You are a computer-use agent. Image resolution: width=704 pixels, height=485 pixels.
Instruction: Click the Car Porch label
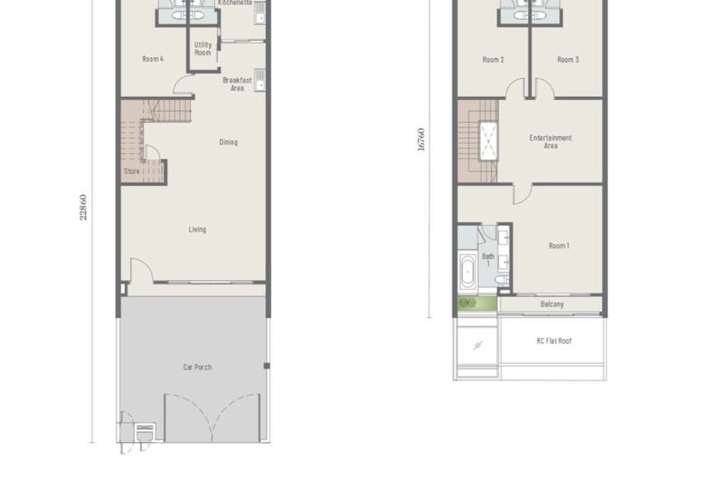[x=197, y=367]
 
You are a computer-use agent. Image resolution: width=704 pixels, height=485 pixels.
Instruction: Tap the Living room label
[x=197, y=230]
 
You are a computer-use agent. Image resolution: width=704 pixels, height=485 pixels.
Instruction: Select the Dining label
[x=228, y=142]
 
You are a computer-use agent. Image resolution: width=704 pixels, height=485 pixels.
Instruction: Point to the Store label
[x=132, y=171]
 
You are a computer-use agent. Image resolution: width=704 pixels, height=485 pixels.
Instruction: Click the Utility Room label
[x=202, y=48]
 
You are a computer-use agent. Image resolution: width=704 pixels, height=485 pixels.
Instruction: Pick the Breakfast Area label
[x=237, y=84]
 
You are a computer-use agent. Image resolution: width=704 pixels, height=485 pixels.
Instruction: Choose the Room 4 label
[x=152, y=59]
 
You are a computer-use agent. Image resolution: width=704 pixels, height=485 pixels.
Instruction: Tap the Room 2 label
[x=493, y=60]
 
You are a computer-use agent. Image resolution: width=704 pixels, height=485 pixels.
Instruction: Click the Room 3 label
[x=568, y=60]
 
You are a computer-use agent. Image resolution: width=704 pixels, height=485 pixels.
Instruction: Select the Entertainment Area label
[x=551, y=141]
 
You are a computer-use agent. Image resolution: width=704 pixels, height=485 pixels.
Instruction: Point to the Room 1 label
[x=558, y=246]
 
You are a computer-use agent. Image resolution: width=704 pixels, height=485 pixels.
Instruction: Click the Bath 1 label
[x=488, y=259]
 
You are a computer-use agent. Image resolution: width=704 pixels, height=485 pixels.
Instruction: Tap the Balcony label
[x=552, y=305]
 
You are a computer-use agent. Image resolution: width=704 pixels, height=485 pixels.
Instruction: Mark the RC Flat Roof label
[x=554, y=341]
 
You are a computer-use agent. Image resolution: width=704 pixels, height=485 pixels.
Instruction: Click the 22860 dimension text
[x=84, y=207]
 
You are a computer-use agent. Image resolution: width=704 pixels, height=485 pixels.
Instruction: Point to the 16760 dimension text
[x=422, y=140]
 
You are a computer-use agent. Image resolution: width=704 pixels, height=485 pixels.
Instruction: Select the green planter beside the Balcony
[x=466, y=304]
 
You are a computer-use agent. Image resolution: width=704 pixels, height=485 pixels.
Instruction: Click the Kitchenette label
[x=235, y=4]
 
